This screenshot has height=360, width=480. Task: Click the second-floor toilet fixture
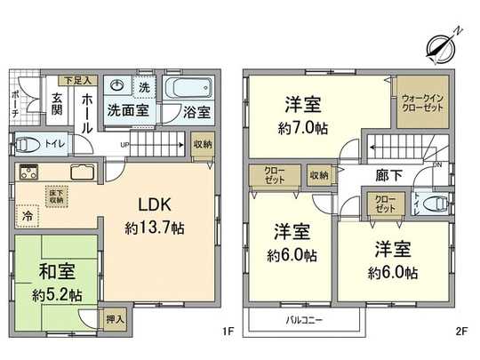435,204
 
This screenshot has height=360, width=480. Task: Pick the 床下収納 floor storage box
55,195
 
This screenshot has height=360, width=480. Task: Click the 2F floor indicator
460,332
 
